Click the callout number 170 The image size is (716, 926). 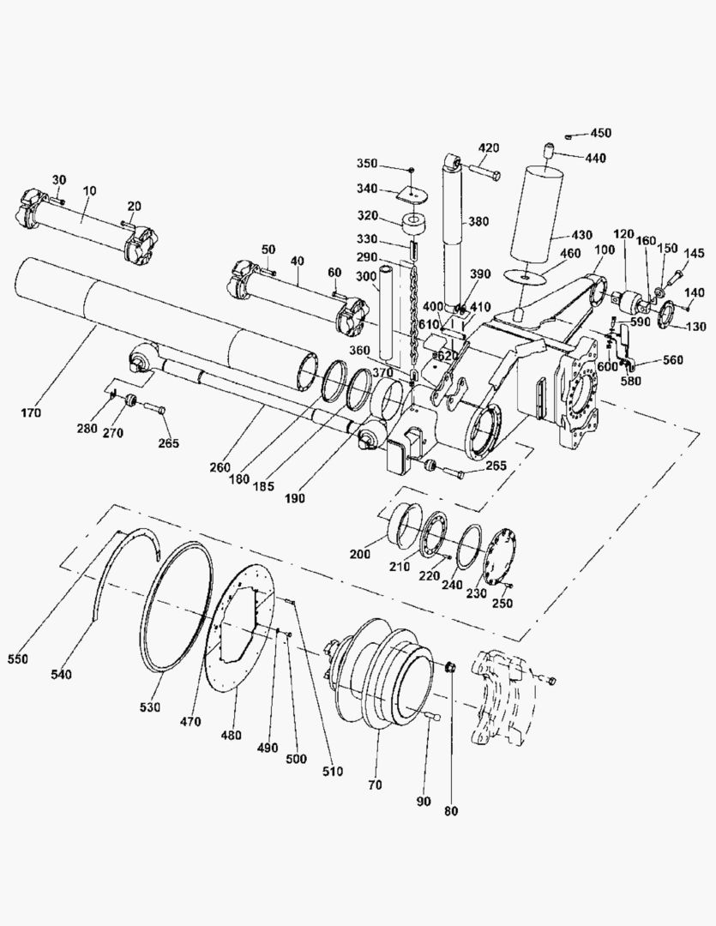click(x=31, y=412)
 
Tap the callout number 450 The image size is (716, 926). click(x=601, y=133)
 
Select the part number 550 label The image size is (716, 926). click(x=18, y=658)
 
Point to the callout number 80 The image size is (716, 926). click(x=451, y=811)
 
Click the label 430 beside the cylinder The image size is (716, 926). click(x=581, y=234)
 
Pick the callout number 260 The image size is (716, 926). click(x=220, y=467)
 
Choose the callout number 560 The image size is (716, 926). click(x=672, y=359)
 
